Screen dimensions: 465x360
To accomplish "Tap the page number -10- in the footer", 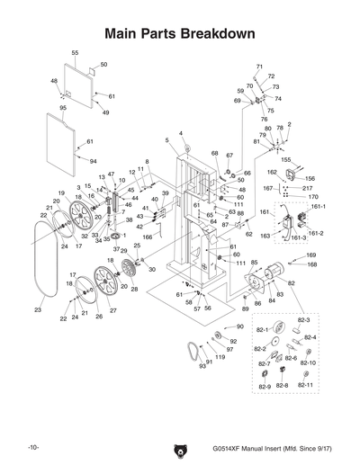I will [32, 447].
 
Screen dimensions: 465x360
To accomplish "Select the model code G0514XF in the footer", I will [232, 447].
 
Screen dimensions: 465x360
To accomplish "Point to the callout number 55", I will [75, 53].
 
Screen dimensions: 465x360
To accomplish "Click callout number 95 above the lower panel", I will [63, 108].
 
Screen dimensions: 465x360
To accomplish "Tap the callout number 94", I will [93, 161].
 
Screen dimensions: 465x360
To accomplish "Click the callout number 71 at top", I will [259, 67].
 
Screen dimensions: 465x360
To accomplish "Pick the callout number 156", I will [310, 178].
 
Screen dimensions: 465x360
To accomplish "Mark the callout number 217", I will [308, 188].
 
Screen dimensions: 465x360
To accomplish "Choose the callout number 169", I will [311, 255].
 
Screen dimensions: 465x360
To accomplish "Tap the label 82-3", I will [302, 319].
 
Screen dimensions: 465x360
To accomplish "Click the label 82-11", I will [305, 385].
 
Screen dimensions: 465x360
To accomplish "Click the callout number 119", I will [220, 357].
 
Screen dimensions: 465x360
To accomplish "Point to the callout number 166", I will [148, 237].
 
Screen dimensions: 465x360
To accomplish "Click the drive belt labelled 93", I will [191, 351].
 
